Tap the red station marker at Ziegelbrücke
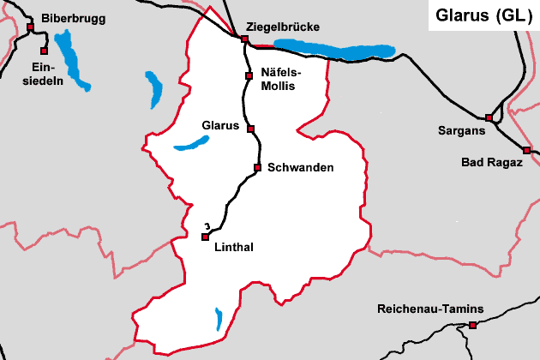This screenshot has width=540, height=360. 244,39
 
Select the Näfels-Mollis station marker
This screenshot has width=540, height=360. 248,76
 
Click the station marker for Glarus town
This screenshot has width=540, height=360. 250,129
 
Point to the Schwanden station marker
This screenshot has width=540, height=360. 257,167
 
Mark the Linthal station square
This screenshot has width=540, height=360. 205,237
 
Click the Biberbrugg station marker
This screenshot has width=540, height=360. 30,27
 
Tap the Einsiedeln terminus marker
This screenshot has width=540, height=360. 42,51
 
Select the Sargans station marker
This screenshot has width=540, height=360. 489,117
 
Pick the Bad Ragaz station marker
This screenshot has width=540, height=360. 526,150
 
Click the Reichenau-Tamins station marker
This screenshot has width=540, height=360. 472,325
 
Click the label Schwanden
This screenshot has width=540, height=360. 300,167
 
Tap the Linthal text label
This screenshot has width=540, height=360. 233,248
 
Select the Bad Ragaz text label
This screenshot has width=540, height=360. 492,162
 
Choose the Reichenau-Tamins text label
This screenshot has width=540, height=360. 430,309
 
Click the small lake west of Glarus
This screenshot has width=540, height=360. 191,144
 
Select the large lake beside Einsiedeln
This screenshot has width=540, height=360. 72,60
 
